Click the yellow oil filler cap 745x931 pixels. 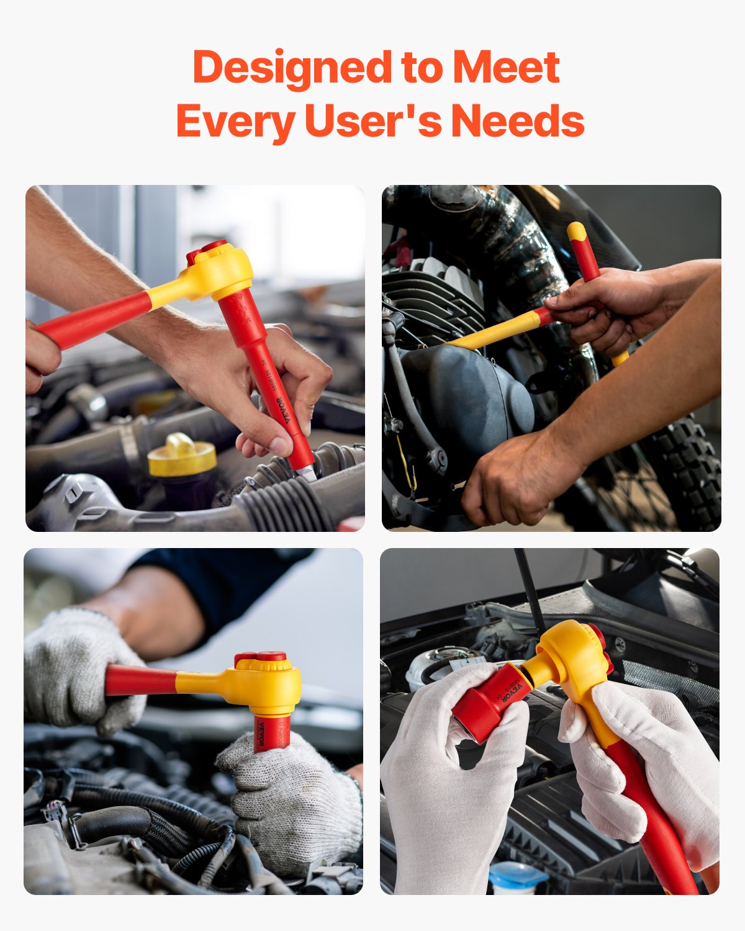(182, 456)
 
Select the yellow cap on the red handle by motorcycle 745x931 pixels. (577, 232)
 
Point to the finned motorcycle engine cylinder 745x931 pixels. (435, 298)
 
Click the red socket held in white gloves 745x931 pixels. (490, 704)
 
